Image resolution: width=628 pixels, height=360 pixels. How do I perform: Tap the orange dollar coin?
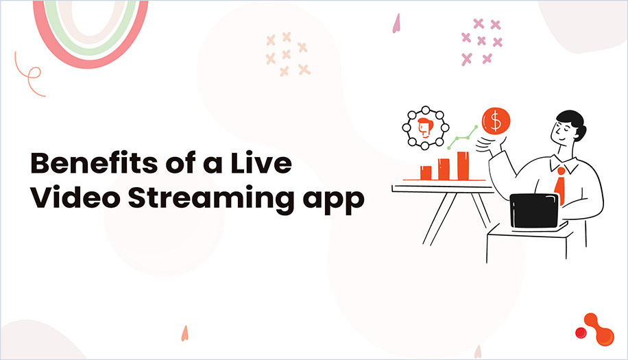(x=494, y=121)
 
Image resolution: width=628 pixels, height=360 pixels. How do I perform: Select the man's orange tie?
(x=560, y=184)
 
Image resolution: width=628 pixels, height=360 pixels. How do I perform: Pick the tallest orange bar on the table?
(x=463, y=165)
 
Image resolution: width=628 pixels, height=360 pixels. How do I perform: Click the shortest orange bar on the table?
(x=426, y=172)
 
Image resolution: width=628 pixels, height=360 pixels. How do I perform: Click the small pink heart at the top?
(x=396, y=24)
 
